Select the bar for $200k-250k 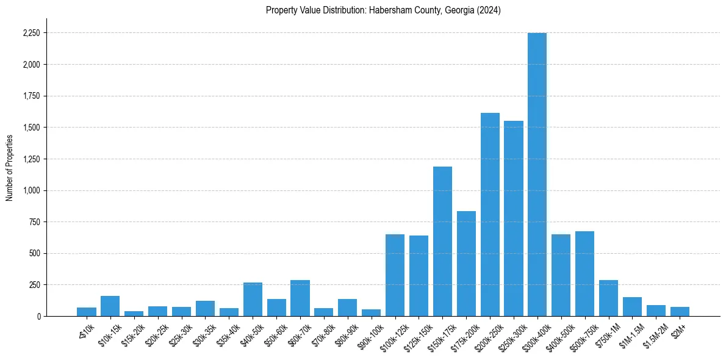click(490, 214)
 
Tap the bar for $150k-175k click(442, 241)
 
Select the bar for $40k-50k click(253, 299)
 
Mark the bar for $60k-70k click(300, 298)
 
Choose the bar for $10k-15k click(110, 306)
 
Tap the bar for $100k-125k click(395, 275)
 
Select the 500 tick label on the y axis click(34, 253)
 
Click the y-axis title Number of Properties click(9, 168)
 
